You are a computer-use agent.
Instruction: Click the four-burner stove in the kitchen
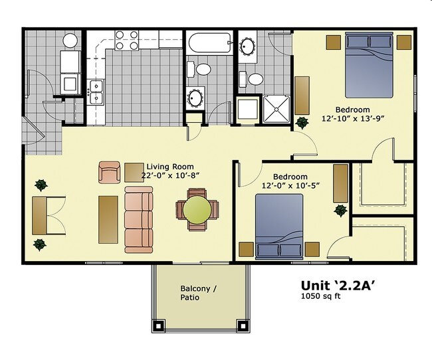[126, 41]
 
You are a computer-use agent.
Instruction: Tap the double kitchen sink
[96, 92]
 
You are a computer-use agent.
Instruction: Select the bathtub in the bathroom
[209, 44]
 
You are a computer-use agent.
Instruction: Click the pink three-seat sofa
[139, 219]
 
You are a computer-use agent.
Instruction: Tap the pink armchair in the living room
[109, 172]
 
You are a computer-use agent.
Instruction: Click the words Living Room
[170, 167]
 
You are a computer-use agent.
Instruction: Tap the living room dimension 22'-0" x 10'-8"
[170, 175]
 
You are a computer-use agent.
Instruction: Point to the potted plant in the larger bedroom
[302, 123]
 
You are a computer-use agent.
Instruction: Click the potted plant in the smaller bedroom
[340, 211]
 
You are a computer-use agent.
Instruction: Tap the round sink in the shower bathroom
[247, 47]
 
